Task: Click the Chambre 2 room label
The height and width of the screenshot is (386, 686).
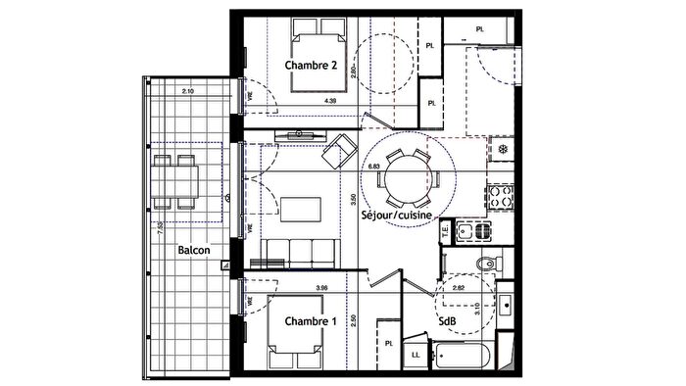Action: pyautogui.click(x=313, y=66)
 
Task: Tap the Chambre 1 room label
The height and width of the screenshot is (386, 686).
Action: pyautogui.click(x=311, y=321)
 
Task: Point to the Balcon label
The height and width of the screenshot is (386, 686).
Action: pyautogui.click(x=194, y=251)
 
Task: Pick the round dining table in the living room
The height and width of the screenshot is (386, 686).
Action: pyautogui.click(x=406, y=178)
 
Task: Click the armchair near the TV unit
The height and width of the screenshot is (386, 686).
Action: pyautogui.click(x=342, y=149)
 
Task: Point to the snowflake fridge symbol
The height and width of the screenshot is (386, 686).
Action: pyautogui.click(x=501, y=150)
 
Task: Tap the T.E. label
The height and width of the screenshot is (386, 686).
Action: pyautogui.click(x=444, y=232)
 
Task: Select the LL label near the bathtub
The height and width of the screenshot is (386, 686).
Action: pyautogui.click(x=416, y=354)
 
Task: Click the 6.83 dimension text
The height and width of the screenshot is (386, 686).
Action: pyautogui.click(x=373, y=167)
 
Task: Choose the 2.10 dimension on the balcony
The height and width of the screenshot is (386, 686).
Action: pyautogui.click(x=189, y=91)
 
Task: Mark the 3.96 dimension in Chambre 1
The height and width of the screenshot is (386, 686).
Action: pyautogui.click(x=321, y=287)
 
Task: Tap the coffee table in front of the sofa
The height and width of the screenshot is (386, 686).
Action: pyautogui.click(x=303, y=208)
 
